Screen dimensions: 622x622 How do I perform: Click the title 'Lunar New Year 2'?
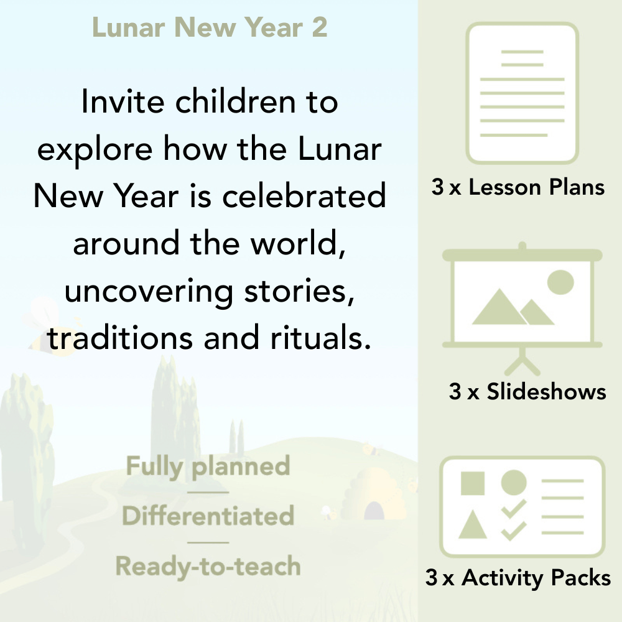click(x=210, y=28)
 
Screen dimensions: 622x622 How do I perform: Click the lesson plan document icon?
click(x=522, y=93)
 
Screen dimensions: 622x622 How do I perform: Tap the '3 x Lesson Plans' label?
click(x=518, y=187)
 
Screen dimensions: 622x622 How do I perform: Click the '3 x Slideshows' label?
click(x=527, y=391)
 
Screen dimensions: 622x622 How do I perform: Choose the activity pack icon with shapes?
click(x=522, y=507)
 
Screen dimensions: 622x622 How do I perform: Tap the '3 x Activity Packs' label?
click(x=518, y=578)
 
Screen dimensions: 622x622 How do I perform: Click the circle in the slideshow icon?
click(x=560, y=282)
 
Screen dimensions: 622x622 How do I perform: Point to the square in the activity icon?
click(x=473, y=483)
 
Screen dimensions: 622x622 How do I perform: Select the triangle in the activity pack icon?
click(x=472, y=526)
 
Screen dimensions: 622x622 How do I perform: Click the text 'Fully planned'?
click(x=208, y=466)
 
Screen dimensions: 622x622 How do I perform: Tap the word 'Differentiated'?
click(x=208, y=516)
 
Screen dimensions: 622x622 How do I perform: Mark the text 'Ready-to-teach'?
click(x=208, y=566)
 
